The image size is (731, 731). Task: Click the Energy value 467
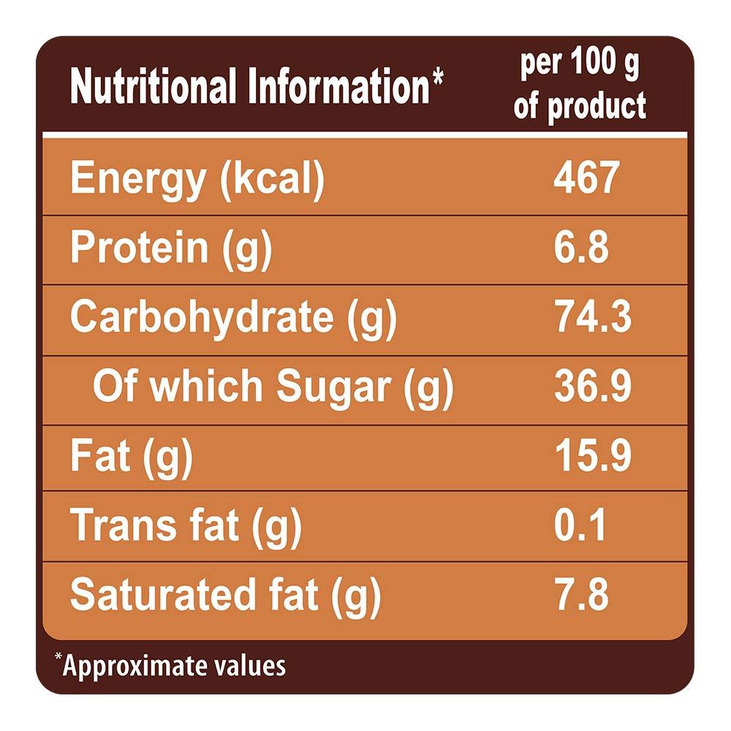[x=586, y=178]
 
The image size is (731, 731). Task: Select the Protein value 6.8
[x=581, y=249]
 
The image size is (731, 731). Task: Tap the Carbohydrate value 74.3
[x=592, y=318]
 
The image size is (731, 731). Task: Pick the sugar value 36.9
[x=592, y=387]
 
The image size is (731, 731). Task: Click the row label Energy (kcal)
[x=197, y=180]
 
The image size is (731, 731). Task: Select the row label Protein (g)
[x=171, y=249]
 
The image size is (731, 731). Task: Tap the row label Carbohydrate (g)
[x=233, y=319]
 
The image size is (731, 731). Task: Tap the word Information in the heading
[x=336, y=87]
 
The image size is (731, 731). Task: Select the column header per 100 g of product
[x=580, y=86]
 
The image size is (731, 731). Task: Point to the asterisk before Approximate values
[x=58, y=659]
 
